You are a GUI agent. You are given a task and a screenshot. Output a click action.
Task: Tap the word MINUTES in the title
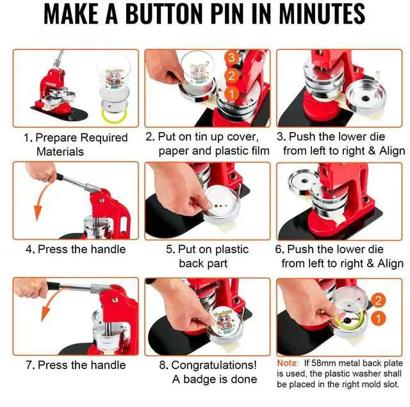[x=322, y=14]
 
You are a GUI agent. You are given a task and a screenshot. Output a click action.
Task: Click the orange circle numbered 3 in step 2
[x=232, y=57]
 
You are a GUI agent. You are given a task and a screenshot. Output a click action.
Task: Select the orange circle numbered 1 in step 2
[x=232, y=94]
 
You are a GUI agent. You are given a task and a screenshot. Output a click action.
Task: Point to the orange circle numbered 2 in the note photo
[x=378, y=300]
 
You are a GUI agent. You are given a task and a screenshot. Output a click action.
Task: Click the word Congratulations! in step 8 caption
[x=214, y=365]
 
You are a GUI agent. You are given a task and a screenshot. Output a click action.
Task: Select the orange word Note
[x=288, y=363]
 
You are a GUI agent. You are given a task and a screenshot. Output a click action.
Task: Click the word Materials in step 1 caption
[x=60, y=152]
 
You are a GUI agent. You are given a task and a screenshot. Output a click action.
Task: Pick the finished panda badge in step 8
[x=225, y=325]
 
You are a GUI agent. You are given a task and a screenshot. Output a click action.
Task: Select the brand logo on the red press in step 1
[x=51, y=84]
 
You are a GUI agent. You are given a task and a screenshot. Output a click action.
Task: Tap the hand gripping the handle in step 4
[x=41, y=172]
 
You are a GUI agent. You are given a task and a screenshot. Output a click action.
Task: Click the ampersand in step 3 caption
[x=372, y=151]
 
